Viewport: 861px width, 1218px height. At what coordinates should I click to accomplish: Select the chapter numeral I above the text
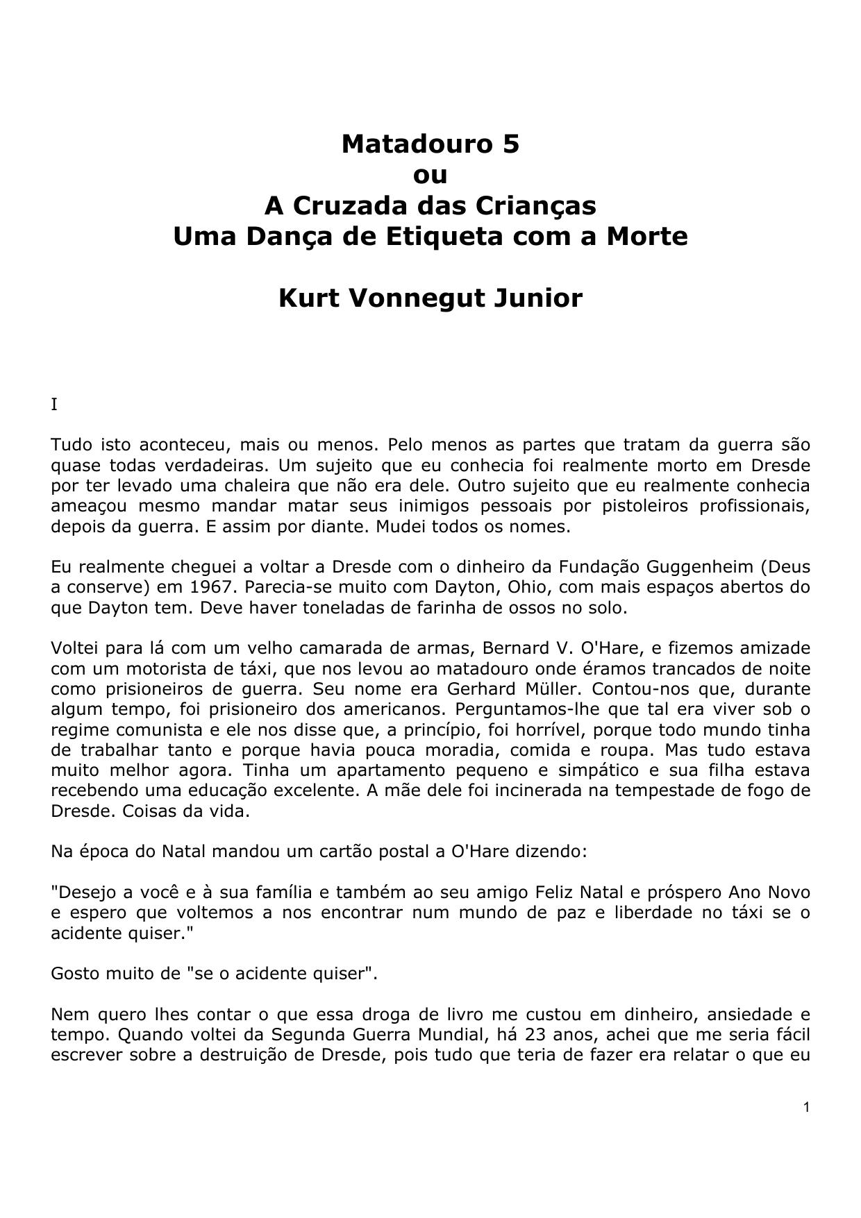click(54, 405)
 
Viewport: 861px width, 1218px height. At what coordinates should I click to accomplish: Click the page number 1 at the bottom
click(806, 1108)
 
